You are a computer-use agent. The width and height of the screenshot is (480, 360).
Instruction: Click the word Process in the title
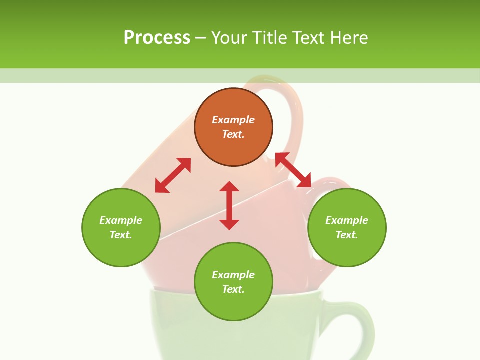157,37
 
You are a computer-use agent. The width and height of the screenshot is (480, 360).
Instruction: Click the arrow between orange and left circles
173,175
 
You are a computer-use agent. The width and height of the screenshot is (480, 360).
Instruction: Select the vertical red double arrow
229,205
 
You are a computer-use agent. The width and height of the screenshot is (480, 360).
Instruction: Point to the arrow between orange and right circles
293,170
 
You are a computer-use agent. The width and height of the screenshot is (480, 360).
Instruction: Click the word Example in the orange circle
233,120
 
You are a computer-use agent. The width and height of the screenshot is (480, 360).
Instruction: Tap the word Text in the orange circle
233,134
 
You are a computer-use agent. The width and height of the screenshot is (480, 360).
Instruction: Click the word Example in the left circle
121,220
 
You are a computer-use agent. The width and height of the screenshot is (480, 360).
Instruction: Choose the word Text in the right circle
347,235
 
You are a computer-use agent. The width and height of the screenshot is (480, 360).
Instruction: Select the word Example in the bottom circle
233,275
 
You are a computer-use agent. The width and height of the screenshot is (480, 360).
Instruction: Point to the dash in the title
201,37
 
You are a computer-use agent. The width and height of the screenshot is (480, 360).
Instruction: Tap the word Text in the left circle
121,235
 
